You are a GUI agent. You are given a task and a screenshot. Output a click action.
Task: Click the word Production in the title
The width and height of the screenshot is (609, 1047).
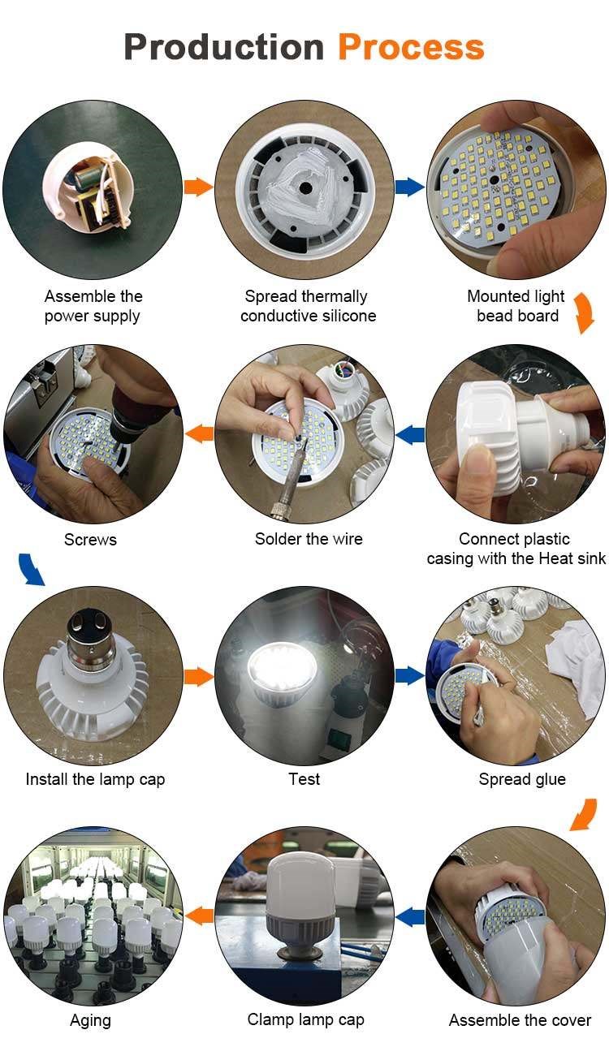tap(223, 47)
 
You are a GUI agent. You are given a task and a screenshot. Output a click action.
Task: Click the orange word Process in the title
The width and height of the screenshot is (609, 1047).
tap(411, 47)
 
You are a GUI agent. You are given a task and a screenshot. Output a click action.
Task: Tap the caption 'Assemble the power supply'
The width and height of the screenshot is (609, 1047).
tap(93, 306)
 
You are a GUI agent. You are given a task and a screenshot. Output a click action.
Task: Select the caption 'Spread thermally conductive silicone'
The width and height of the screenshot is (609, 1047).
tap(308, 306)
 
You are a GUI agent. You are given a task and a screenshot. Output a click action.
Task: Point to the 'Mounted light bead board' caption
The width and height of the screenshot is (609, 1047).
tap(516, 306)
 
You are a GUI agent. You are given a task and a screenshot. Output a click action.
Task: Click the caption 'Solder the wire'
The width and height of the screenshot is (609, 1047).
tap(309, 539)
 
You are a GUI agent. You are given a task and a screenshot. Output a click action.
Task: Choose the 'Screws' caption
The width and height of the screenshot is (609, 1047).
tap(90, 540)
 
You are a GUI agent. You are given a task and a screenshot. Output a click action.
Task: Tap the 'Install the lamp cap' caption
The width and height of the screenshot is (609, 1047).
tap(96, 780)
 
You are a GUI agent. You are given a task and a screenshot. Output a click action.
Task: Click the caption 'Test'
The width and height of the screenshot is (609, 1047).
tap(304, 779)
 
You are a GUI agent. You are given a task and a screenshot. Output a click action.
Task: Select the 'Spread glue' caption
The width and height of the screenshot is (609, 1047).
tap(522, 780)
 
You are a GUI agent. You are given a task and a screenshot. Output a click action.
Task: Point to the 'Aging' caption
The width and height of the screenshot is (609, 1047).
tap(90, 1021)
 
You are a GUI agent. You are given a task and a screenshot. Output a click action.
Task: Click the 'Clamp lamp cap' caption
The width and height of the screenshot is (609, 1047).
tap(305, 1020)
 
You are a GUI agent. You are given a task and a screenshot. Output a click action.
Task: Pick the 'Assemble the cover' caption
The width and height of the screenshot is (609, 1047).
tap(520, 1020)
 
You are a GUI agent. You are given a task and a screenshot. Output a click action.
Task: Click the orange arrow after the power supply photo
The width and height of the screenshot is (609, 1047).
tap(198, 187)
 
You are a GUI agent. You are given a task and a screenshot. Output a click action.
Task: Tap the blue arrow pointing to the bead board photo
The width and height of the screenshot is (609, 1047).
tap(410, 187)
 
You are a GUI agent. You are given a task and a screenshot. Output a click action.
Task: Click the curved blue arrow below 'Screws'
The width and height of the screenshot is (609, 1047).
tap(31, 570)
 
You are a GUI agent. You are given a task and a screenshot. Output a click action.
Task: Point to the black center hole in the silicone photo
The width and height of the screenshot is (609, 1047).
tap(305, 188)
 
